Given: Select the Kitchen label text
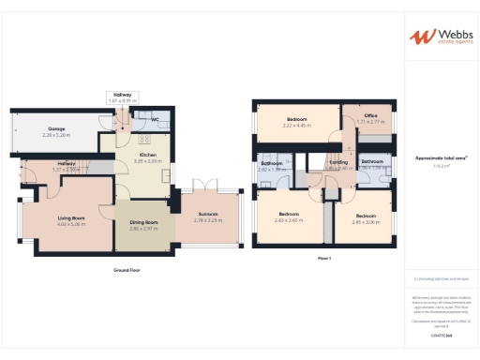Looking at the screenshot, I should (x=147, y=155).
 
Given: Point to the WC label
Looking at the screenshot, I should (x=153, y=120).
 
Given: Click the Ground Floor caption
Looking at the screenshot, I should (x=127, y=269).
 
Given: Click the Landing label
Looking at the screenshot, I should (x=339, y=162).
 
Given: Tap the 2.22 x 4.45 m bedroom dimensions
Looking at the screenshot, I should (x=296, y=126).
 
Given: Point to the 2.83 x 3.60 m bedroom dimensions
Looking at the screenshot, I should (x=289, y=220).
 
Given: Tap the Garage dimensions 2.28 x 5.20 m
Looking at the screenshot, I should (x=57, y=135).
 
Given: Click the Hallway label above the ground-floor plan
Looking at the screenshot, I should (x=123, y=94).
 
